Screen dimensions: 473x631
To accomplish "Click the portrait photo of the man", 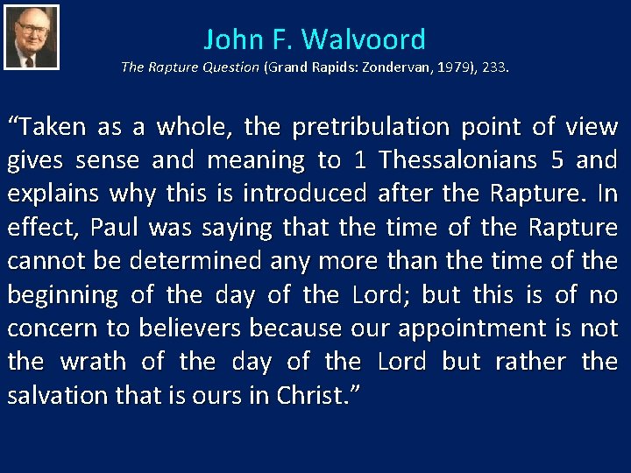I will click(x=32, y=37).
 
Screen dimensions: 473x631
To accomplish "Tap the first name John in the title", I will click(x=232, y=39).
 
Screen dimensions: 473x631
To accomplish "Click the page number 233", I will click(x=492, y=67).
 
